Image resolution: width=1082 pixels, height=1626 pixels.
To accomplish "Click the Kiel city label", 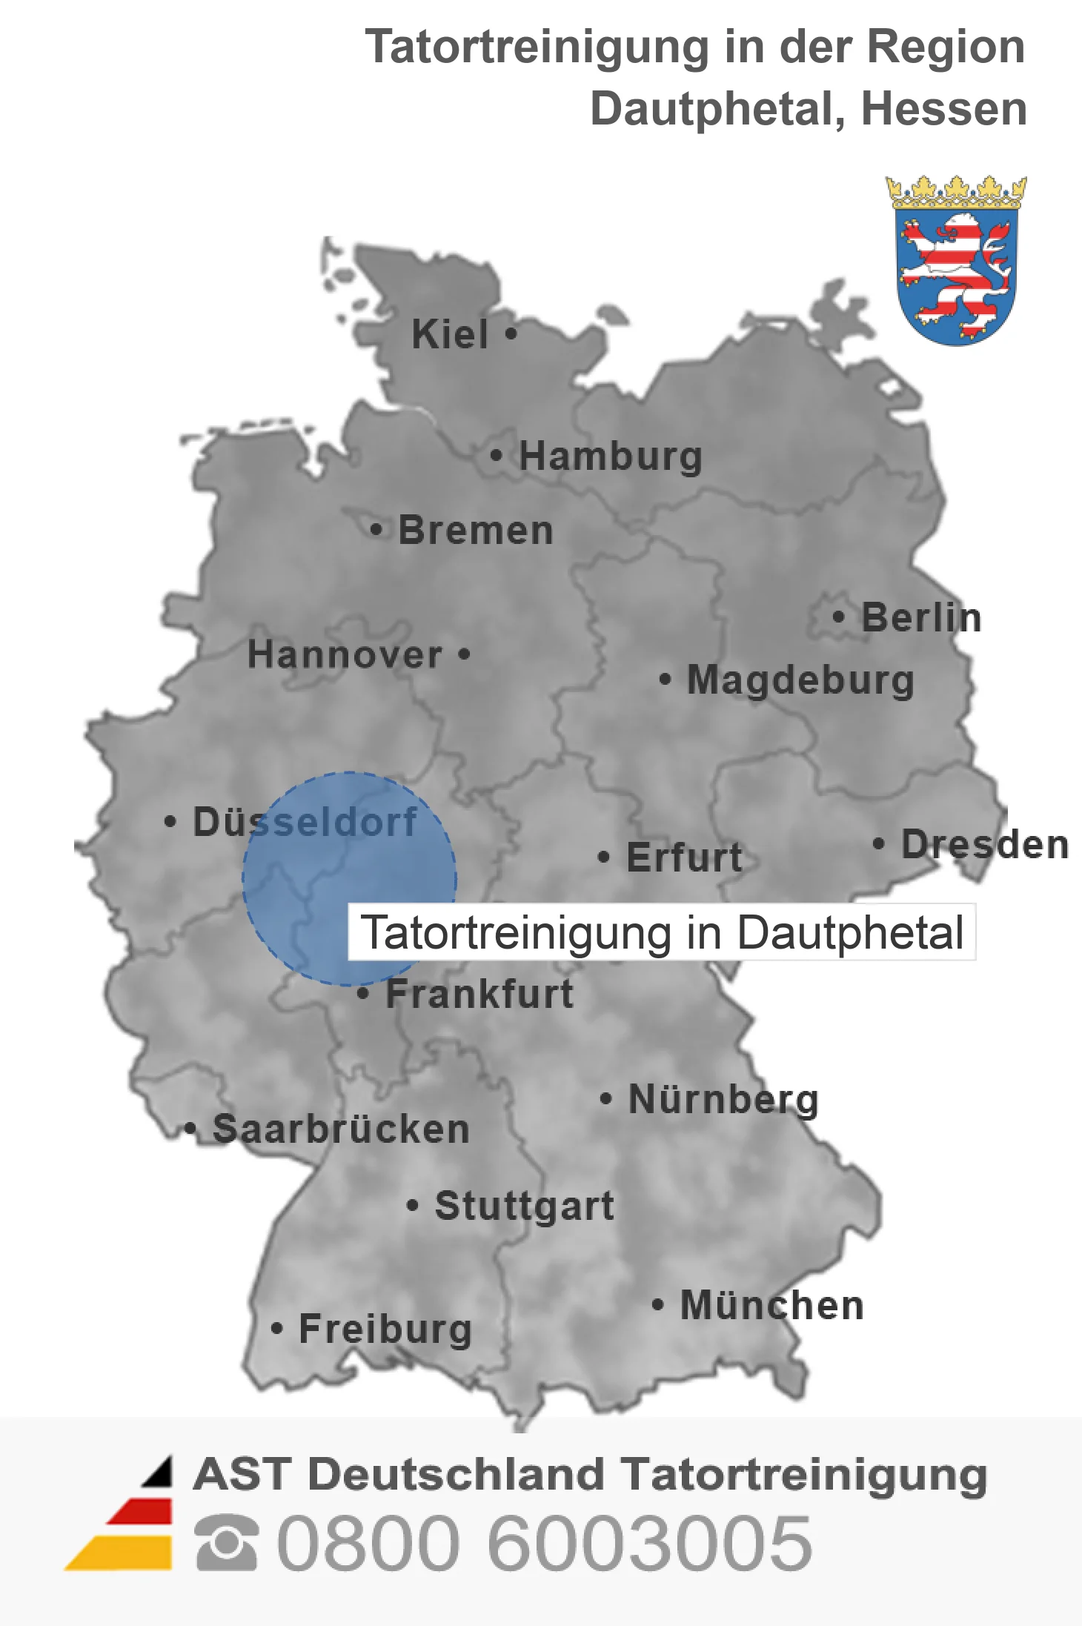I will [450, 334].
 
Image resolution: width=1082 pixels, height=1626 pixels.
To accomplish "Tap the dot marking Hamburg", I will [497, 455].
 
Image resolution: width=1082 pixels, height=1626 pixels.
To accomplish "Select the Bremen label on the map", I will [476, 531].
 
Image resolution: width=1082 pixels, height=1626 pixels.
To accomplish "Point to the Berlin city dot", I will [838, 617].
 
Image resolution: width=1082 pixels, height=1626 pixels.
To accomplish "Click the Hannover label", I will [345, 655].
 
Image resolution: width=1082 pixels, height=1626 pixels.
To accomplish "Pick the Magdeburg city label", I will [800, 680].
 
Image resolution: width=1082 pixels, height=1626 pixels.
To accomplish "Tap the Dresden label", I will [985, 845].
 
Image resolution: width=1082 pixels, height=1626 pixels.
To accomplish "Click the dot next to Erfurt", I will [604, 857].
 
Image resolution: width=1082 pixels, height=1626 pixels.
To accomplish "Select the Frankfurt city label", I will [479, 994].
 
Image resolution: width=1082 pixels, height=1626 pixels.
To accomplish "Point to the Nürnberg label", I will [723, 1099].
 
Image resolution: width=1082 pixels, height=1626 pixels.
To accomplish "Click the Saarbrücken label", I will [341, 1129].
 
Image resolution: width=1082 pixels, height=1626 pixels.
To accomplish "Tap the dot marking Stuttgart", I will [413, 1206].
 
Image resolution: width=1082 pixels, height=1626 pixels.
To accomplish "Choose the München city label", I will [772, 1306].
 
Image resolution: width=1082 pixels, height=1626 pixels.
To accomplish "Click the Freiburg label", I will [385, 1329].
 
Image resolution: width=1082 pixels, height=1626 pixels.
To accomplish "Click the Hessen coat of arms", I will [956, 261].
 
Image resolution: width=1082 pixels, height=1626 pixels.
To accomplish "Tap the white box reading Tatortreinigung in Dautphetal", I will [662, 932].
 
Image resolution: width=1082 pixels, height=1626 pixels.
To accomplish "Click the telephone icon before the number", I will [227, 1543].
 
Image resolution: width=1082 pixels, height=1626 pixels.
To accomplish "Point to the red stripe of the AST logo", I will [141, 1512].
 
